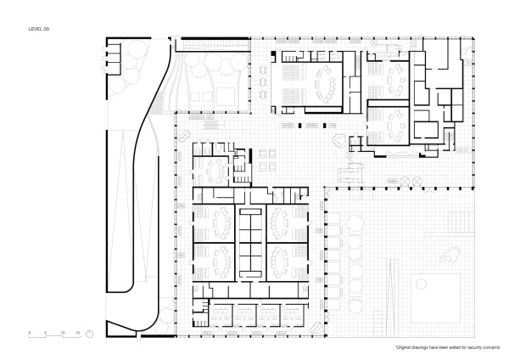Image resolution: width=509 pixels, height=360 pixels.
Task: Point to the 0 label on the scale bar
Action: tap(30, 332)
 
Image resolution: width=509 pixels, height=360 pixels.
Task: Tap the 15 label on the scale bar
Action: tap(77, 332)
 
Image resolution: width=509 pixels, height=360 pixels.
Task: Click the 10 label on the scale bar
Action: tap(61, 332)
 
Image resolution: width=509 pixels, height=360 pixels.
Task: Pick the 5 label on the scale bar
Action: tap(46, 332)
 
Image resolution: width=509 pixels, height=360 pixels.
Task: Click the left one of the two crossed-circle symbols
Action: tap(389, 181)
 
